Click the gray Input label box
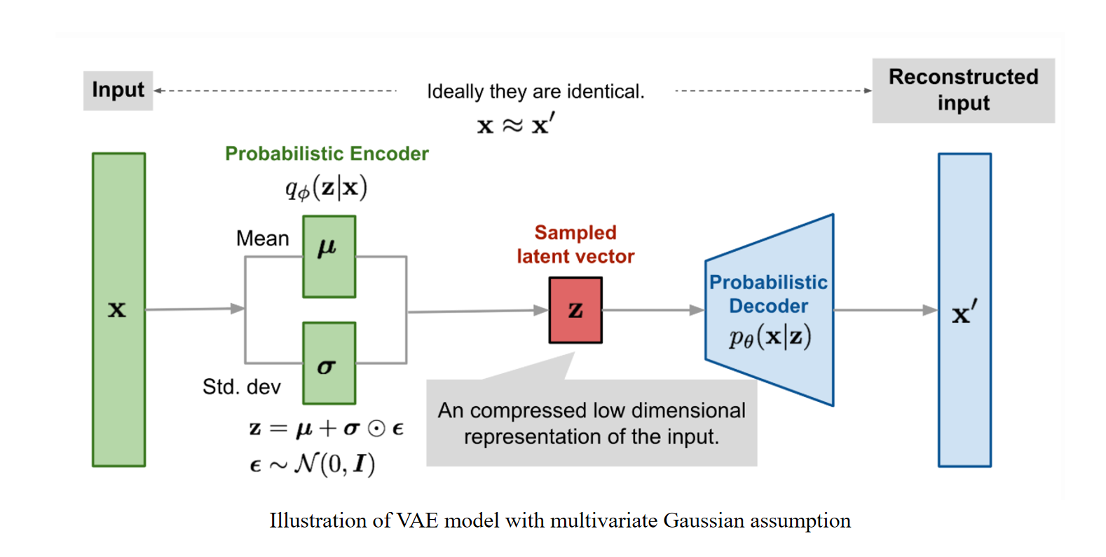[x=118, y=90]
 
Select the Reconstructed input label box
[x=963, y=90]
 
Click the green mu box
[x=329, y=257]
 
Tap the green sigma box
[x=329, y=363]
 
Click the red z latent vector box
[x=575, y=310]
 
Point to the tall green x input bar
[x=118, y=309]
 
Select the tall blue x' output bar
[x=964, y=309]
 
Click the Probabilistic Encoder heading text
[x=327, y=154]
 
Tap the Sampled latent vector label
[x=575, y=244]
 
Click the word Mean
[x=262, y=239]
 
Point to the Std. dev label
[x=241, y=387]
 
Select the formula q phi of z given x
[x=326, y=188]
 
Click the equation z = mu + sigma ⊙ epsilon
[x=326, y=428]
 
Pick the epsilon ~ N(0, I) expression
[x=313, y=464]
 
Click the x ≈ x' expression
[x=515, y=126]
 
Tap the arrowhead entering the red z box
[x=540, y=310]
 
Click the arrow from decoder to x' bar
[x=885, y=310]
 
